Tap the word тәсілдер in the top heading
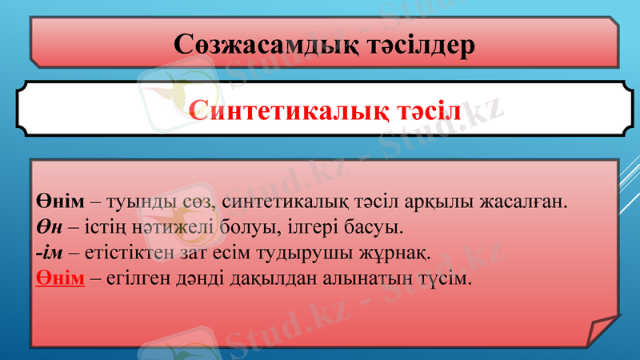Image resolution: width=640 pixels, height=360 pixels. tap(414, 44)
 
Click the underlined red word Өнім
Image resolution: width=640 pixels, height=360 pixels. tap(60, 281)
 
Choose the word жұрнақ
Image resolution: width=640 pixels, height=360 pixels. tap(397, 254)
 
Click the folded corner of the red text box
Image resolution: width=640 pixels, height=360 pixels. tap(601, 330)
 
